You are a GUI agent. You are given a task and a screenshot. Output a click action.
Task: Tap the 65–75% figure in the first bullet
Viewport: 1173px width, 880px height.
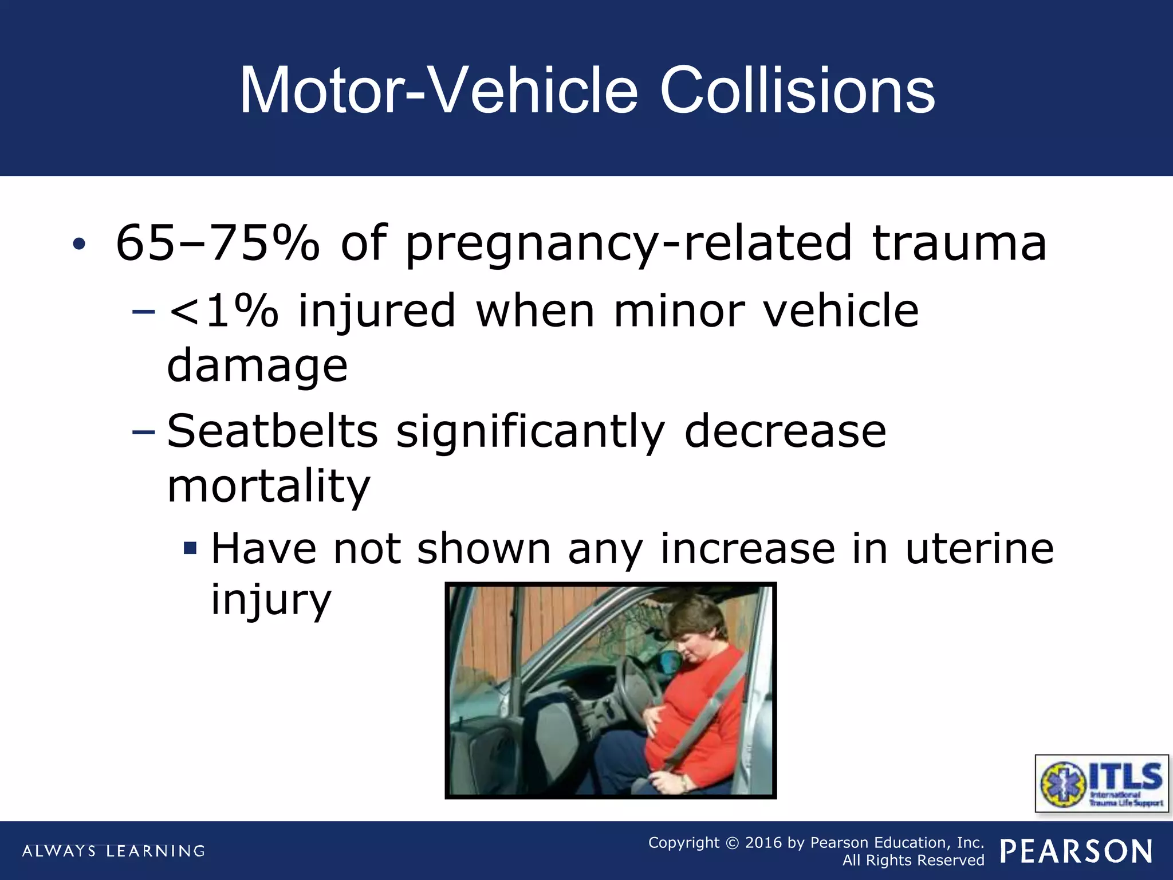218,243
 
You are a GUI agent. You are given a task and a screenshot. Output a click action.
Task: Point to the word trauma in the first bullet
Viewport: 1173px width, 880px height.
959,243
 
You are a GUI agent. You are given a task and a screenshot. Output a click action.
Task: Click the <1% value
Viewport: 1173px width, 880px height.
223,311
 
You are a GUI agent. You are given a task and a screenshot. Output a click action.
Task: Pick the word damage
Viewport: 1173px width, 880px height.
257,367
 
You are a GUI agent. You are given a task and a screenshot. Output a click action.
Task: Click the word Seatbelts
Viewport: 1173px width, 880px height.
273,431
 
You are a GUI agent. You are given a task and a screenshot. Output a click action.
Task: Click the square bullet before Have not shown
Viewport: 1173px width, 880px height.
190,549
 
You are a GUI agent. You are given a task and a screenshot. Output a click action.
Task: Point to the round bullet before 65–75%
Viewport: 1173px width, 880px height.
79,245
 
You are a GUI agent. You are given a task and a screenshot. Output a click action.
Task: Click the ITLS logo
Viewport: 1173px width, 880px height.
1101,783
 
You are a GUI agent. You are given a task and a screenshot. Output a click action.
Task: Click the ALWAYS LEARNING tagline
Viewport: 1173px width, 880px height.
113,851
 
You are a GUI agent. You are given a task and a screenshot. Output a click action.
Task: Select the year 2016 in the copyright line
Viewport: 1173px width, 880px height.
763,843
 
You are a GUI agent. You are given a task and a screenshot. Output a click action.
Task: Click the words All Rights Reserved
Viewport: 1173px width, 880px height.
913,861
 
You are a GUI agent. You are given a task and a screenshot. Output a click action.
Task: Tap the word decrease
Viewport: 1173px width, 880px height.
785,431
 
